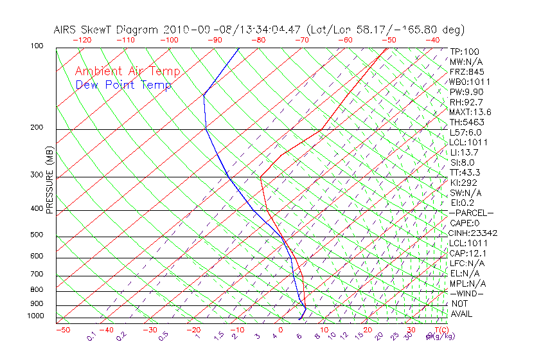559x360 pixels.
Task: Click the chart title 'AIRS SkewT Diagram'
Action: coord(106,30)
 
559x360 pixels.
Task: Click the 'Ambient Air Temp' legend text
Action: coord(128,71)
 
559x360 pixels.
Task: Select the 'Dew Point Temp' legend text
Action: coord(123,85)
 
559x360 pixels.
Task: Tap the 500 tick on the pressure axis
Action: coord(36,235)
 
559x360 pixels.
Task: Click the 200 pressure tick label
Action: coord(36,127)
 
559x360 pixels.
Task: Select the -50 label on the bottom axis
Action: coord(62,330)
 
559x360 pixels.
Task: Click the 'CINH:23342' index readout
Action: coord(474,233)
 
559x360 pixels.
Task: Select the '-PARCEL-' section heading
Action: coord(471,213)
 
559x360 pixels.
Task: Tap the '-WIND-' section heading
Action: coord(467,293)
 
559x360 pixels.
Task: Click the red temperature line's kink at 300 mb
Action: coord(260,176)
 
